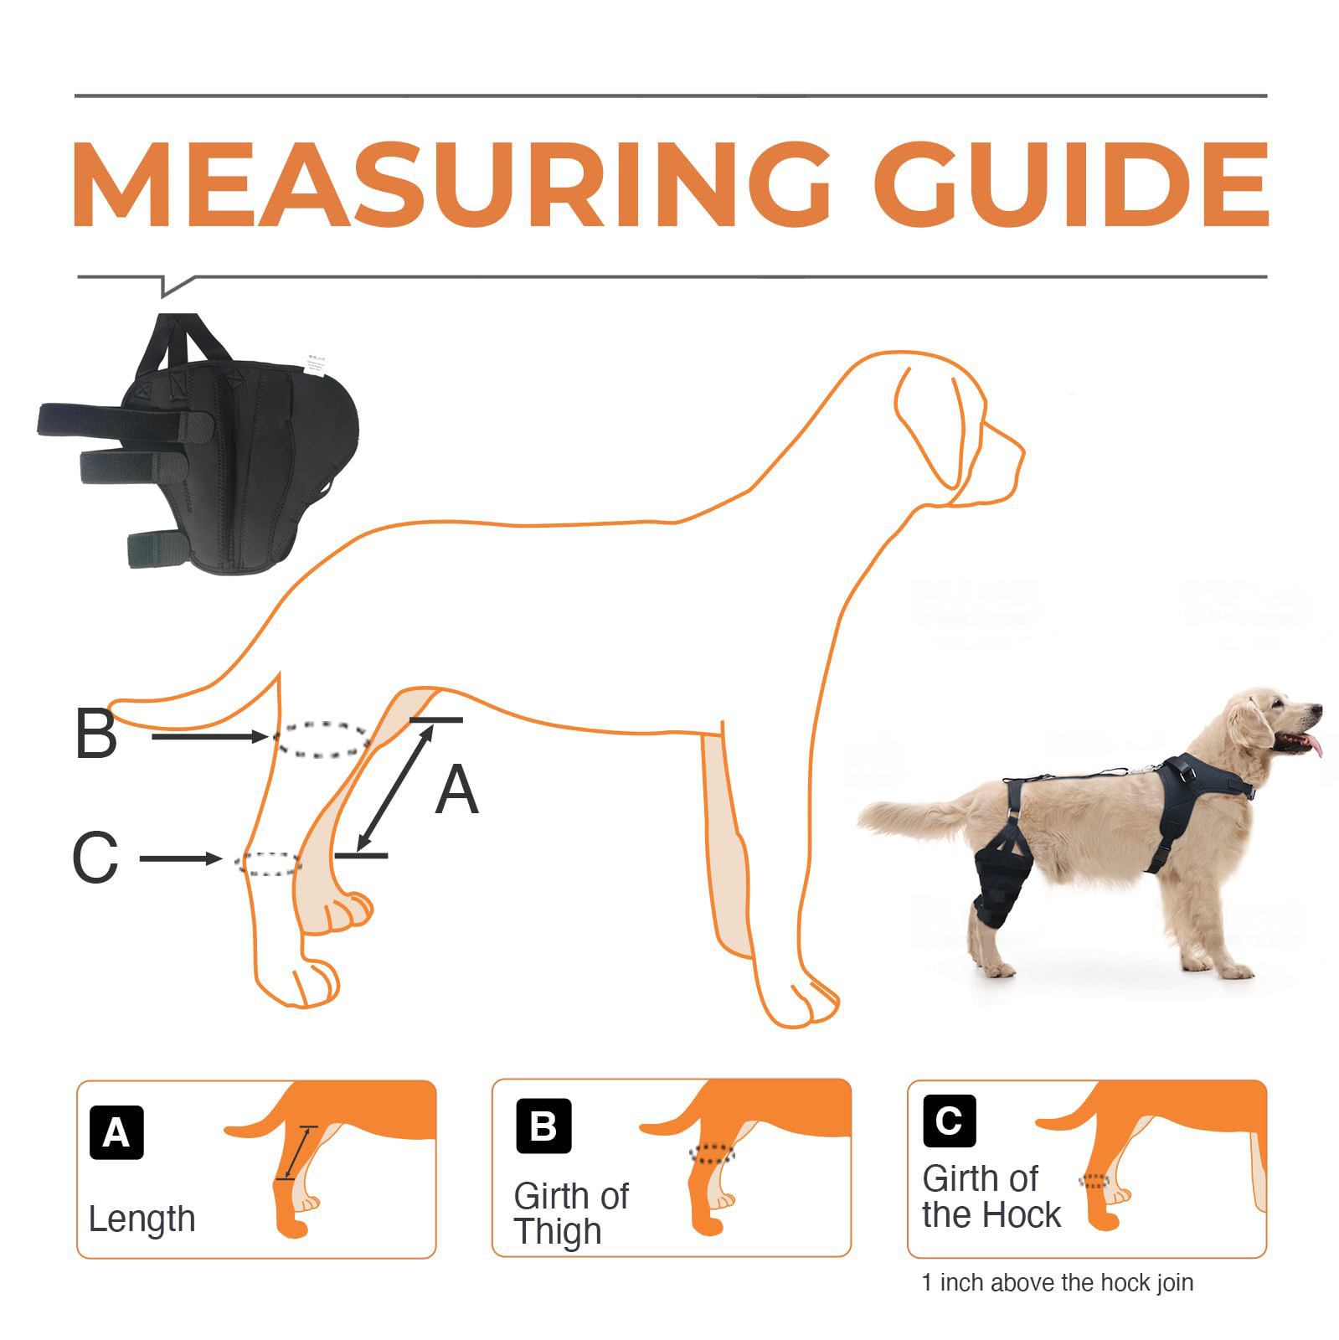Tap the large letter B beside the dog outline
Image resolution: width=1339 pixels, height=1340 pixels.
pyautogui.click(x=96, y=734)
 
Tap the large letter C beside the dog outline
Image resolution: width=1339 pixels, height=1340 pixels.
pyautogui.click(x=95, y=858)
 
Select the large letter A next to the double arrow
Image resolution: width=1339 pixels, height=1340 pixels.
pyautogui.click(x=456, y=791)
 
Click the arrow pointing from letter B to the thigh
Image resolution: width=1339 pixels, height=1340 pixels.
pyautogui.click(x=209, y=737)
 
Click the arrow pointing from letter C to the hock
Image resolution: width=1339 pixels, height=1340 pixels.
pyautogui.click(x=180, y=858)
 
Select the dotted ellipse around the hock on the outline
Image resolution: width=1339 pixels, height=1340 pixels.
pyautogui.click(x=268, y=863)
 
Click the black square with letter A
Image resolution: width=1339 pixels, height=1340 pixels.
pyautogui.click(x=116, y=1132)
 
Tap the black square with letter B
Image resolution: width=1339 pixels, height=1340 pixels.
pyautogui.click(x=543, y=1126)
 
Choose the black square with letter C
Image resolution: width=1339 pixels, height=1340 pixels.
pyautogui.click(x=950, y=1120)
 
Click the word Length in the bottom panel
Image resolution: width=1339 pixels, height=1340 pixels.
pyautogui.click(x=142, y=1219)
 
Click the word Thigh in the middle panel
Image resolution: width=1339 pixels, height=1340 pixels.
pyautogui.click(x=558, y=1232)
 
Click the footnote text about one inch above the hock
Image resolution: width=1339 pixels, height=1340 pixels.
pyautogui.click(x=1058, y=1282)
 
